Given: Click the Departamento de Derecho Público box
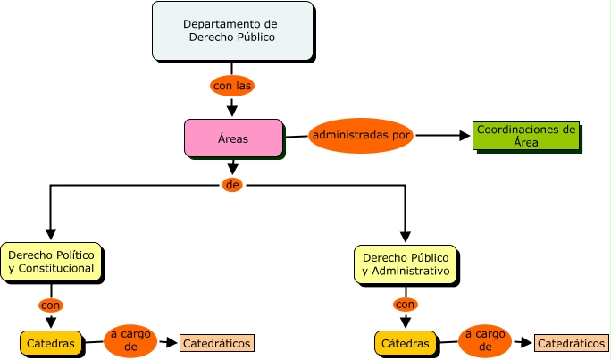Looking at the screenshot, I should pos(232,31).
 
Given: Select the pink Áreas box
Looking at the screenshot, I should pos(233,138).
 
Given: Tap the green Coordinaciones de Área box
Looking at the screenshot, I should pos(525,136).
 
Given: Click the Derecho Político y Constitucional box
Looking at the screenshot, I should pos(51,262).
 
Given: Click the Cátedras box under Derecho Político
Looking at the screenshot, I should pos(51,342).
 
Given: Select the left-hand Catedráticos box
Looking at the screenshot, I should pos(217,343).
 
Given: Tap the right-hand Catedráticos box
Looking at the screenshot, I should pos(571,343).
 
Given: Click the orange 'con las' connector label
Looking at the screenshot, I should pos(232,87).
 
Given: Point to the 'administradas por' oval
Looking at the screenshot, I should pos(361,136).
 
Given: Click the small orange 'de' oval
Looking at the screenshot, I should pos(232,185).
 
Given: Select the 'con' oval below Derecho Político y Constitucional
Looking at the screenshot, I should pos(51,305).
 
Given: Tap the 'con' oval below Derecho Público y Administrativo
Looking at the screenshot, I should pos(406,305).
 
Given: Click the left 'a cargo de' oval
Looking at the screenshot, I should pos(130,340).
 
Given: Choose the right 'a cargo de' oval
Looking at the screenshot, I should pos(485,340).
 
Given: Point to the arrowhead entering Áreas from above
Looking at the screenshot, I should pos(232,112).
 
